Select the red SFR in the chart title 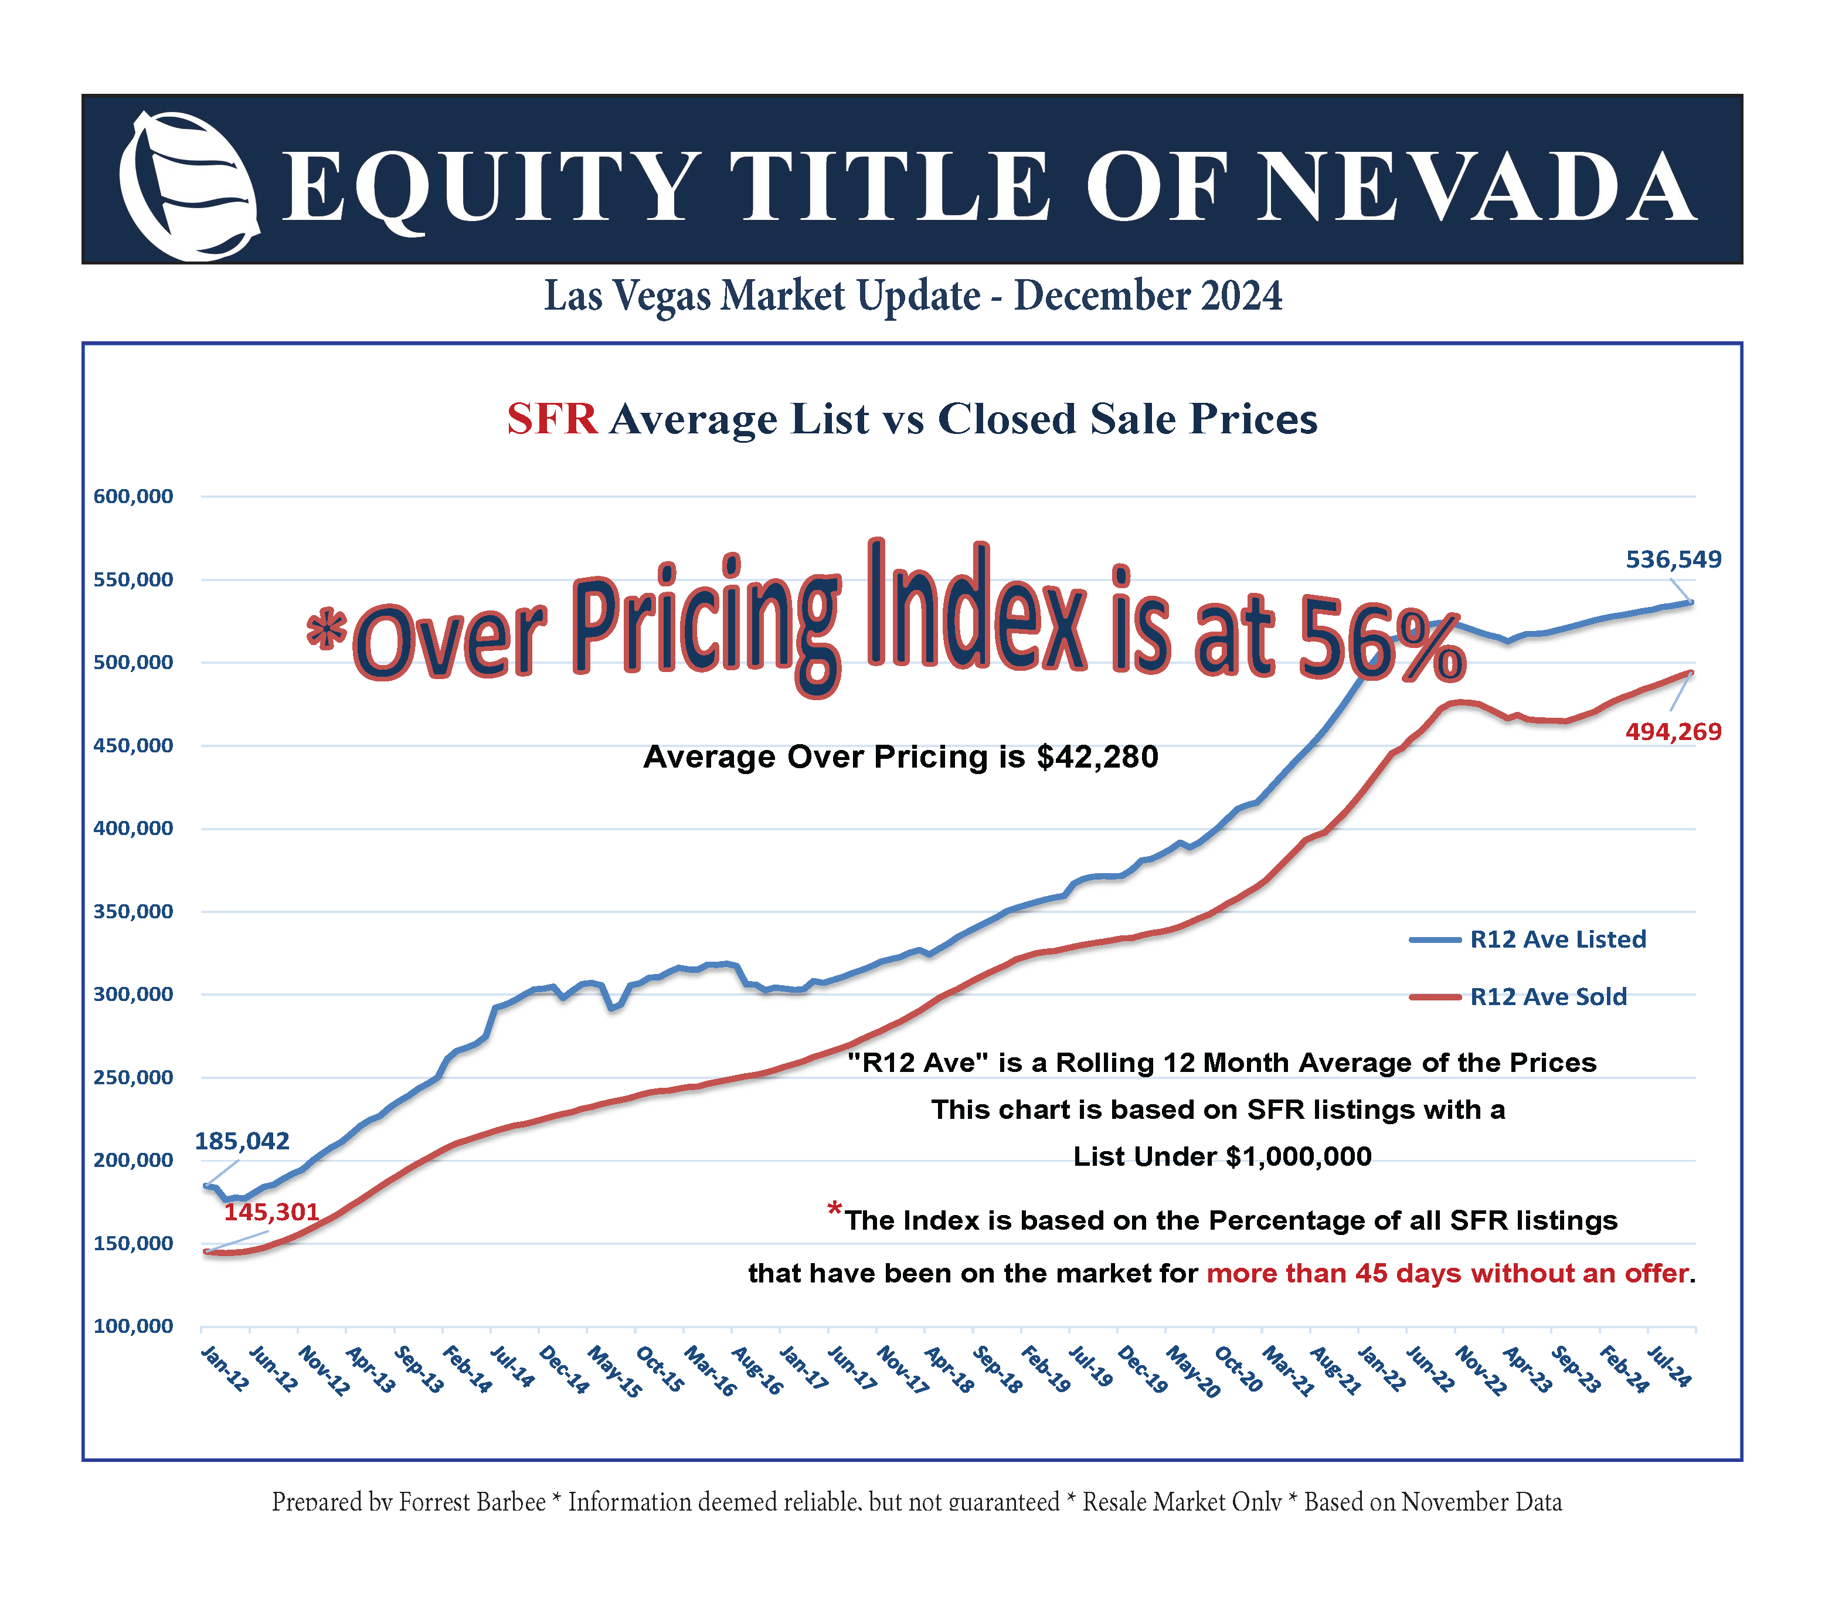[x=552, y=419]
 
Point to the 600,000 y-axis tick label [x=133, y=497]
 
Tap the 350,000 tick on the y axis [x=133, y=912]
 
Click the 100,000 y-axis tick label [x=133, y=1326]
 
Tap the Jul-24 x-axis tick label [x=1668, y=1366]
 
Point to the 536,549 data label [x=1673, y=560]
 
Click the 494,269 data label [x=1673, y=732]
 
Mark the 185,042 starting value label [x=242, y=1142]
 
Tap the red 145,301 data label [x=271, y=1212]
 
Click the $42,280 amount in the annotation [x=1097, y=758]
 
